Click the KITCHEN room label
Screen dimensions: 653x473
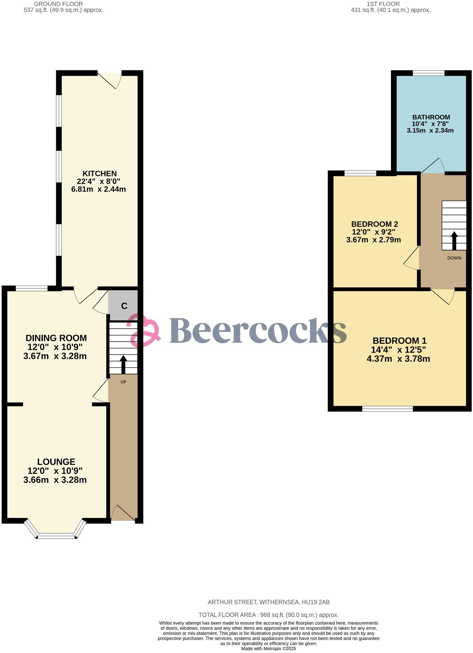tap(99, 174)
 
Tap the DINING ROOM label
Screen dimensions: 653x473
tap(56, 338)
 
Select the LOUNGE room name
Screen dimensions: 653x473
tap(56, 462)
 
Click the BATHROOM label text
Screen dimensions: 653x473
tap(431, 117)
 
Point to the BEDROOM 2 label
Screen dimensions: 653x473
tap(374, 224)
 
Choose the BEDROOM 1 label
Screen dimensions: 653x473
tap(399, 341)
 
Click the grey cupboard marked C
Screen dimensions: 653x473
tap(124, 306)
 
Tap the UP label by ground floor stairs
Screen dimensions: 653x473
tap(123, 382)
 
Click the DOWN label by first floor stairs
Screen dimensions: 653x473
tap(454, 258)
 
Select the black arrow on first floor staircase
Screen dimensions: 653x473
tap(454, 241)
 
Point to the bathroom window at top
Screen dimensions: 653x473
tap(428, 73)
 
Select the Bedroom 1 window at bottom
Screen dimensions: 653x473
tap(387, 409)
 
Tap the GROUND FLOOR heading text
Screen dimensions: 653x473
tap(58, 4)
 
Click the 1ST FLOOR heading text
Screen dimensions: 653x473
tap(383, 4)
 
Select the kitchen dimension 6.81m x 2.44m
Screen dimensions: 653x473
tap(98, 189)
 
